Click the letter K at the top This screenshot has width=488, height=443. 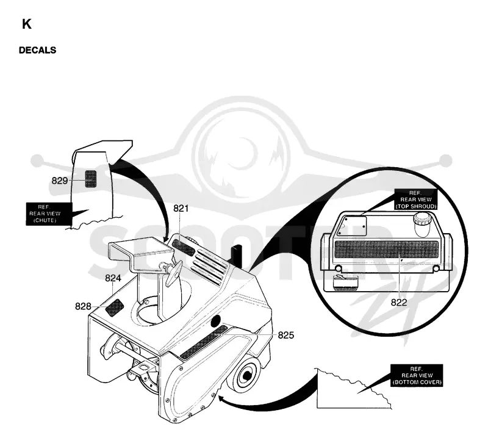pos(26,24)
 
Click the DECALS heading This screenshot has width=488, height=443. pos(37,50)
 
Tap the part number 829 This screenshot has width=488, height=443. pos(59,181)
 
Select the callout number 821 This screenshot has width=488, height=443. pos(181,208)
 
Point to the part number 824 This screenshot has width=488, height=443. pos(113,278)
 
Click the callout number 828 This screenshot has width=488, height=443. pos(83,306)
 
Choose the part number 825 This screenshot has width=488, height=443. pos(285,335)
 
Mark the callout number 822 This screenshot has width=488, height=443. pos(399,302)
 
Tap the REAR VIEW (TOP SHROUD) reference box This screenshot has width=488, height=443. pos(416,200)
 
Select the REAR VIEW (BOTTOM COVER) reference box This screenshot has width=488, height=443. pos(417,375)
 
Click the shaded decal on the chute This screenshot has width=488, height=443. pos(90,179)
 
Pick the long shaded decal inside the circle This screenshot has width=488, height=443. pos(386,250)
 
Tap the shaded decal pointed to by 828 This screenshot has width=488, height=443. pos(115,307)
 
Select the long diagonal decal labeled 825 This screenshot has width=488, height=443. pos(204,342)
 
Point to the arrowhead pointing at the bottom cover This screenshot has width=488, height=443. pos(221,398)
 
